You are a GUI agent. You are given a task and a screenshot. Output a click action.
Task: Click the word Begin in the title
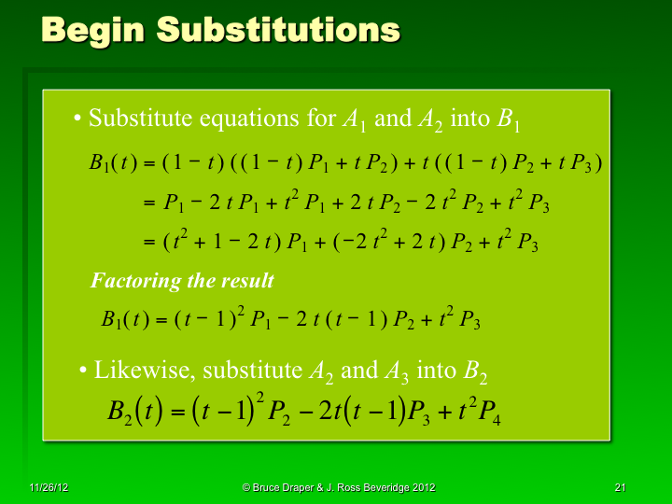(x=91, y=30)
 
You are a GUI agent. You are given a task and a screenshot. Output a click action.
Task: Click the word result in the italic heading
(x=247, y=280)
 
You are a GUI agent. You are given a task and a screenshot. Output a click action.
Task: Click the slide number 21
(x=620, y=487)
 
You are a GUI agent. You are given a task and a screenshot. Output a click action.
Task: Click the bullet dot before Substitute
(x=77, y=119)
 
